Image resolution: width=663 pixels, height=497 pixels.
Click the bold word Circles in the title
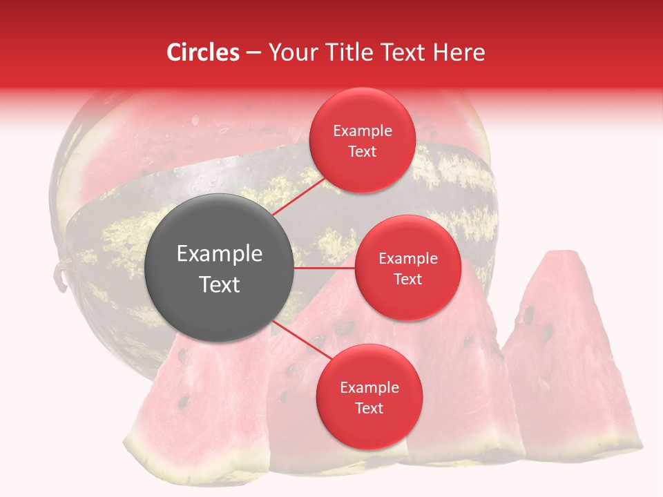coord(202,52)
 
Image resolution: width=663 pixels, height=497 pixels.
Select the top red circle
coord(362,140)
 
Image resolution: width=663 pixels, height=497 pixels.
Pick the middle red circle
coord(407,268)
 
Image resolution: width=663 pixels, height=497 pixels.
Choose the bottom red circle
coord(369,397)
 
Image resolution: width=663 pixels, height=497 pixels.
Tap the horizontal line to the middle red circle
coord(325,268)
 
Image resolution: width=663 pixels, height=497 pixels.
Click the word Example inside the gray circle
coord(220,254)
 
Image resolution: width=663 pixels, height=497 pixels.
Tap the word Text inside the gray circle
coord(220,284)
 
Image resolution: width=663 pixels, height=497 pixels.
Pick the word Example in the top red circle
coord(363,131)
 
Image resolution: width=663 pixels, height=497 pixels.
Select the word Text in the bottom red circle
coord(369,408)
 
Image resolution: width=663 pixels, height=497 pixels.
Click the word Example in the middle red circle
coord(408,259)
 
